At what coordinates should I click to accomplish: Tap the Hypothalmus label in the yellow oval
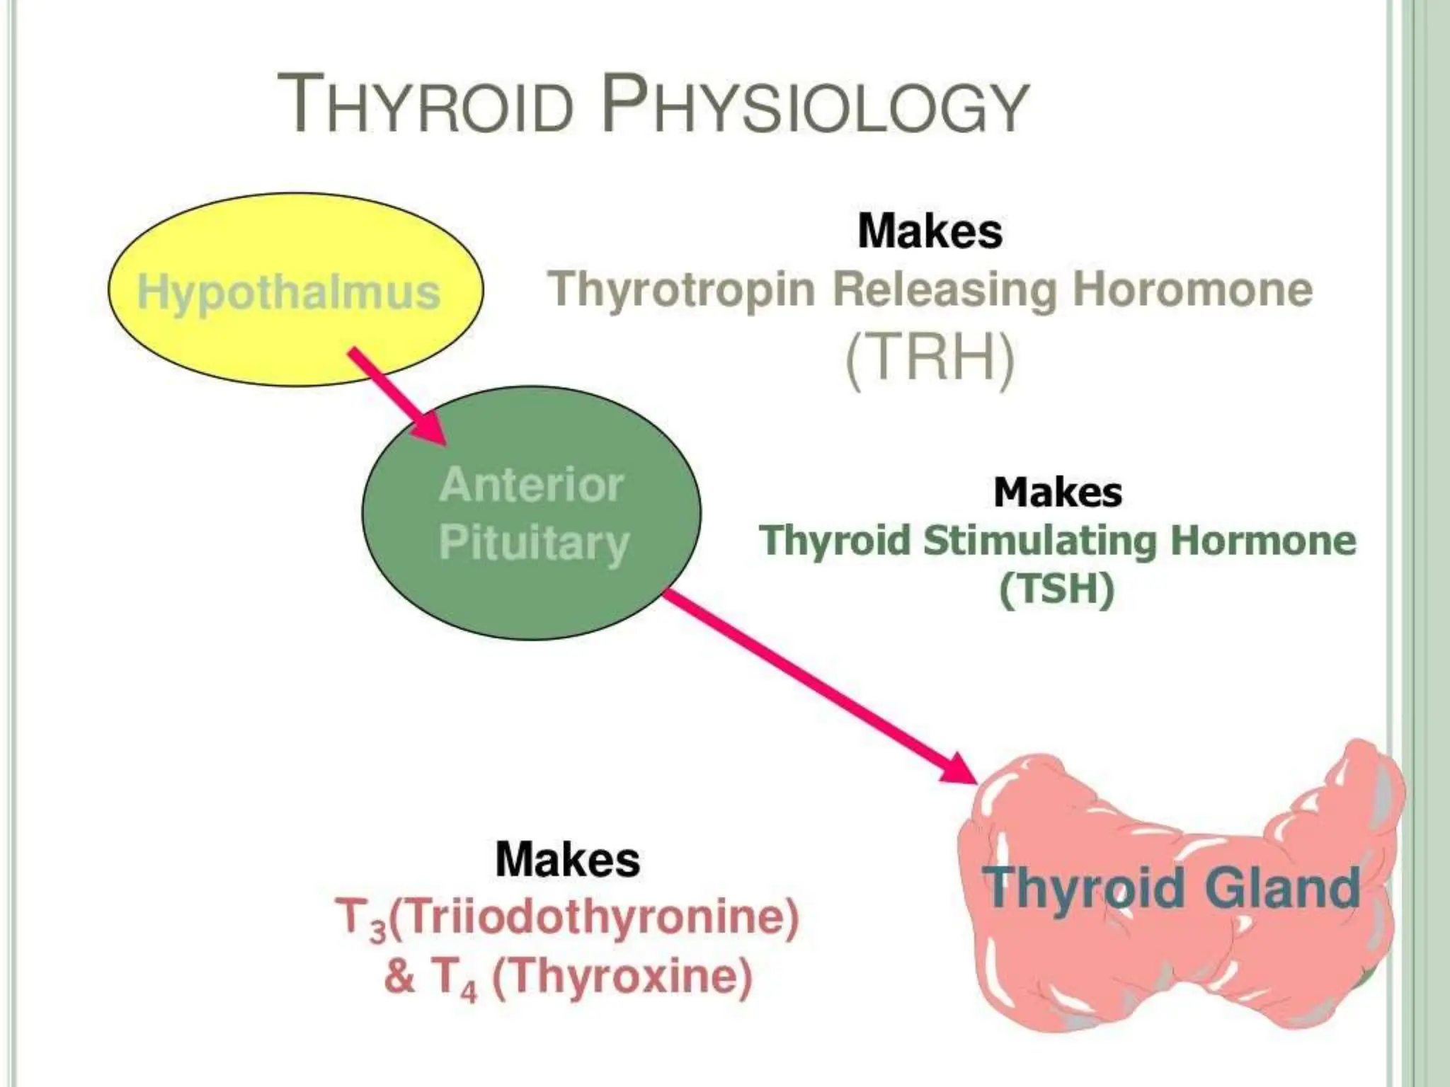click(288, 292)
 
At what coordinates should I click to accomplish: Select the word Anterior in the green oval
click(531, 485)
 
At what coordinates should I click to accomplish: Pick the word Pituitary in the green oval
click(534, 543)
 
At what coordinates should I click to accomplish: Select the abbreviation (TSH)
click(1056, 589)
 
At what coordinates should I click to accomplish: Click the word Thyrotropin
click(683, 289)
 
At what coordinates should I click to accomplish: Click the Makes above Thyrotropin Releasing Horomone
click(930, 231)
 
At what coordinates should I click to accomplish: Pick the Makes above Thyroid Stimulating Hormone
click(1057, 492)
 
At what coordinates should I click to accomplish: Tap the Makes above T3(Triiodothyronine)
click(567, 859)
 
